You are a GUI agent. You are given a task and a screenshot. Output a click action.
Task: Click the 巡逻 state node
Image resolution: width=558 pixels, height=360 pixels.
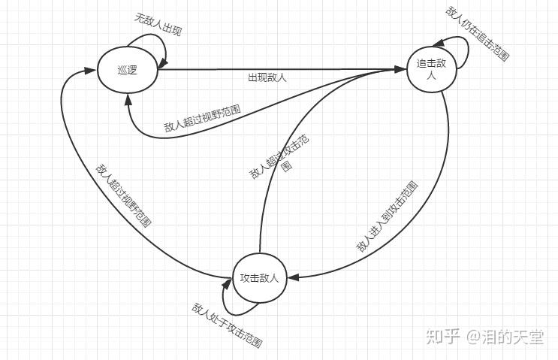127,70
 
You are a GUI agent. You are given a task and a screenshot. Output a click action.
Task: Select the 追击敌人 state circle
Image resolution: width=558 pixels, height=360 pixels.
431,69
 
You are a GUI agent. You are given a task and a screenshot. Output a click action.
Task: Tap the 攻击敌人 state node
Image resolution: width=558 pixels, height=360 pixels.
259,278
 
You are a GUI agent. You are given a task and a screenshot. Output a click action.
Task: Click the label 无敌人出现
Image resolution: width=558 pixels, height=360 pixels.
158,26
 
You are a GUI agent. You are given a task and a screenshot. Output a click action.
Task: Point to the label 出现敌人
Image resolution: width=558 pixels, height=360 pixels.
267,77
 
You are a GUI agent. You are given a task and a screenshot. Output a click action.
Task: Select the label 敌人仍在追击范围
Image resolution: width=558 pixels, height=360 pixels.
478,33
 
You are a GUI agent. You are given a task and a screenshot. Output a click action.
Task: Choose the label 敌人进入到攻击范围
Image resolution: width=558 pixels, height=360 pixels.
388,217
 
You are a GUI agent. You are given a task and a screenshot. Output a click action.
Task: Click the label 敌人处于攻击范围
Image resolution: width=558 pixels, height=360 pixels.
227,325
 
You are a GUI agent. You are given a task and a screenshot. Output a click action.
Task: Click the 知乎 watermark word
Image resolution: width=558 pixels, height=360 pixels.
442,337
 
